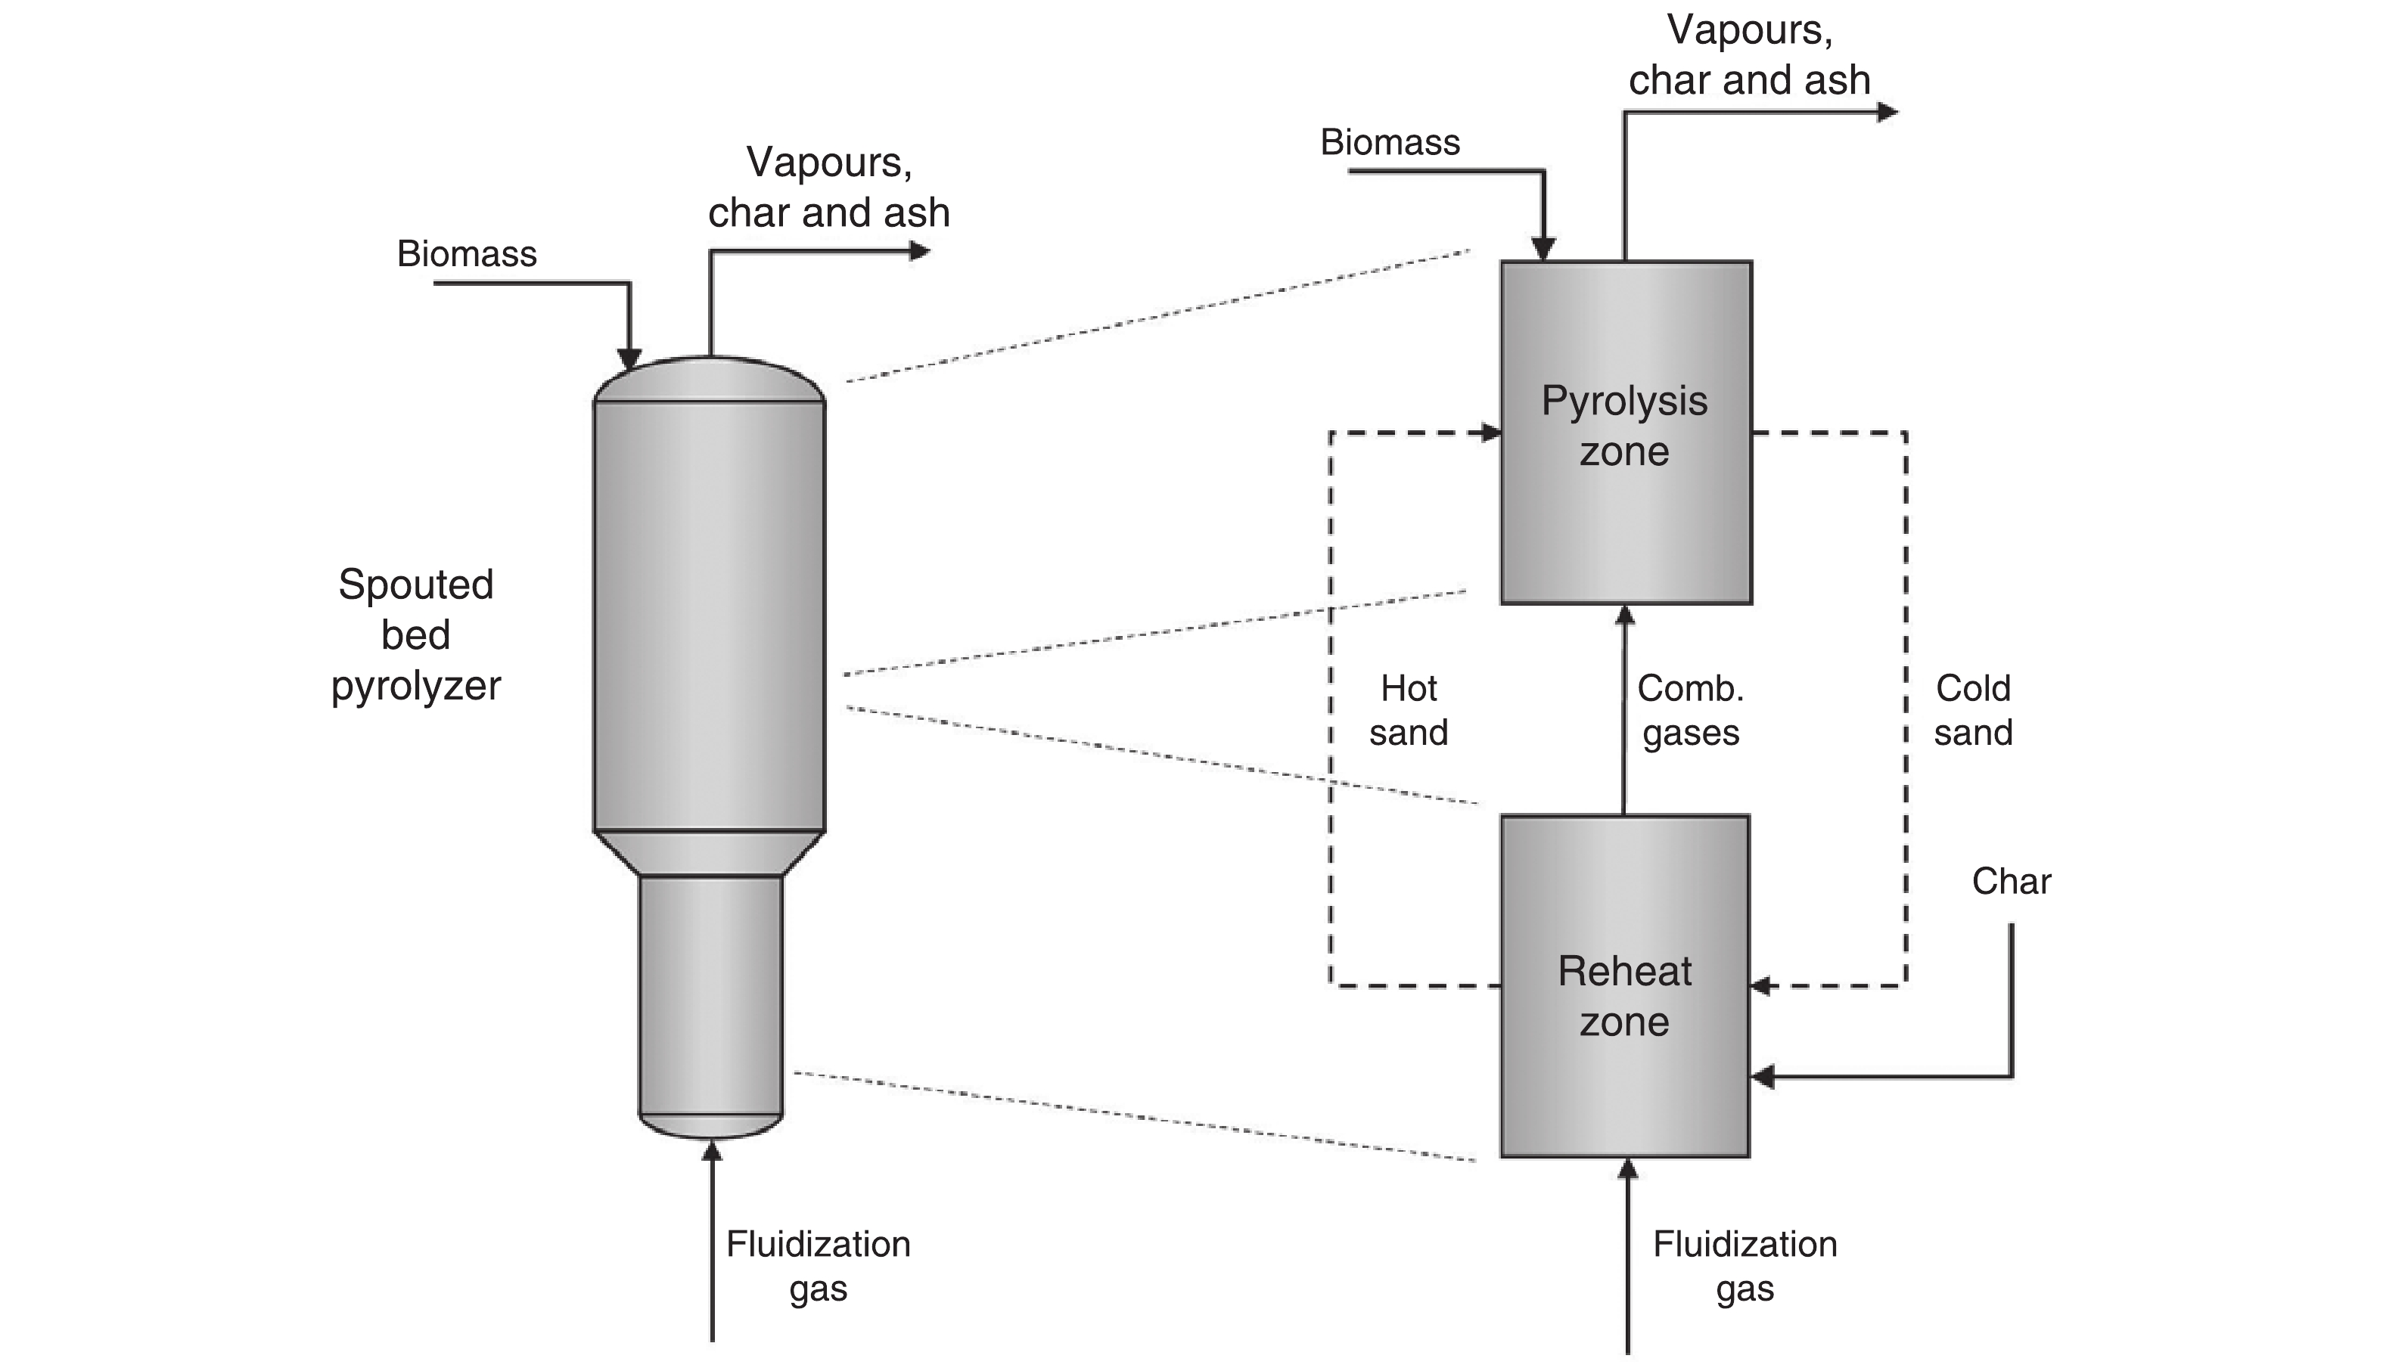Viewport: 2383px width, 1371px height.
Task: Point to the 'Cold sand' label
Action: [1973, 710]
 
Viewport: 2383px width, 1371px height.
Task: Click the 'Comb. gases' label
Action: [1691, 710]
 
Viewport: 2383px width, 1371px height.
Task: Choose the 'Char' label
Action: [2011, 882]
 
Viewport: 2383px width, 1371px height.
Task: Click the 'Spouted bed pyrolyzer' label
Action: [415, 634]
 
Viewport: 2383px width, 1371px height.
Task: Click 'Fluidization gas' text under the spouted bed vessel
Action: [818, 1266]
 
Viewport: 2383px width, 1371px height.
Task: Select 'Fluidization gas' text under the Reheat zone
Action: [1745, 1266]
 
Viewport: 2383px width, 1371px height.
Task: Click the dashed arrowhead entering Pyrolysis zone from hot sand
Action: [1491, 433]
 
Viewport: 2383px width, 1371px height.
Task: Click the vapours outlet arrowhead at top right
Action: [1887, 112]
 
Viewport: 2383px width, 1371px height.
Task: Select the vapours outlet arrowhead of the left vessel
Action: [919, 251]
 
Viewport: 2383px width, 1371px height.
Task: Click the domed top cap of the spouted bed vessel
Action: [710, 380]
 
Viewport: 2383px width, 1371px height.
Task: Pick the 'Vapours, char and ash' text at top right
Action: [1749, 54]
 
